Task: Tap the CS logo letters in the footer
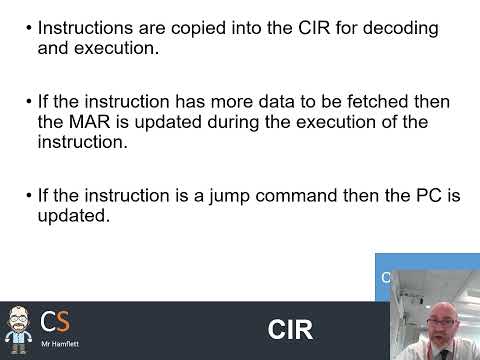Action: [x=56, y=322]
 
